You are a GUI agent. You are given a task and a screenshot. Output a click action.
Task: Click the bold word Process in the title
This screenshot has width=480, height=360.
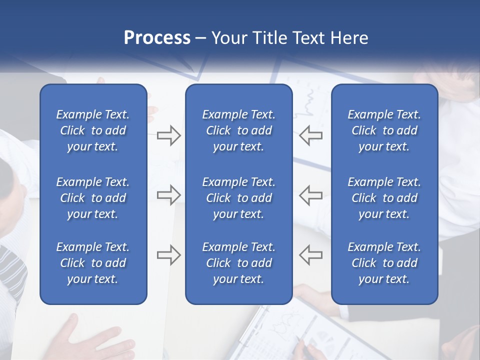[157, 38]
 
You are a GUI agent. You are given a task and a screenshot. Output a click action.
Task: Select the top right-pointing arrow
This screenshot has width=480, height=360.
[168, 135]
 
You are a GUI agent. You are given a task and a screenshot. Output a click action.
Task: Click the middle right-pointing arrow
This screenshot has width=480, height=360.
[168, 195]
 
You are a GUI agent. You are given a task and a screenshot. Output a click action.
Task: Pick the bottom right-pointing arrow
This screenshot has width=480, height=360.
[168, 255]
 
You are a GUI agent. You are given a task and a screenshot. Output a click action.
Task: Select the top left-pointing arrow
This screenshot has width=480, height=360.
[311, 135]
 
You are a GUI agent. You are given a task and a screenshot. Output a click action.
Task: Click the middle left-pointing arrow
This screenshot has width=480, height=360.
[311, 195]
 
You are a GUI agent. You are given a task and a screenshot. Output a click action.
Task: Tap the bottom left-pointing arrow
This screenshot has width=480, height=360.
[311, 255]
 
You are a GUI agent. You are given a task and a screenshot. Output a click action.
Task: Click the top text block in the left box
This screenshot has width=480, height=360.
[93, 130]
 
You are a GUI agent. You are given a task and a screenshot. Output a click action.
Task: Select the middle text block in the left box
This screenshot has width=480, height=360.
[93, 198]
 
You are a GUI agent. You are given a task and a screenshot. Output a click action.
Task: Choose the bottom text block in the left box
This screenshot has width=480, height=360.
[93, 263]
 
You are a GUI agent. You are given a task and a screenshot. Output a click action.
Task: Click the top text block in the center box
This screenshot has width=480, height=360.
[239, 130]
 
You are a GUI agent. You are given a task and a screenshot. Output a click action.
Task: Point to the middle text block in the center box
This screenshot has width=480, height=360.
[239, 198]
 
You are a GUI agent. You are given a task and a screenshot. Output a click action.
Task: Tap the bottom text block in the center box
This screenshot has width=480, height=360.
[239, 263]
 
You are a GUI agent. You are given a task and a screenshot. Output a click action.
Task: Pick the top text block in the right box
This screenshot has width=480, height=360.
[384, 130]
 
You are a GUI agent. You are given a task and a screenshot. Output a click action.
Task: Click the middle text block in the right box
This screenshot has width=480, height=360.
[384, 198]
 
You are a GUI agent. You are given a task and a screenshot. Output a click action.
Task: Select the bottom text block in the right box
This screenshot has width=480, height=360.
[384, 263]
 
